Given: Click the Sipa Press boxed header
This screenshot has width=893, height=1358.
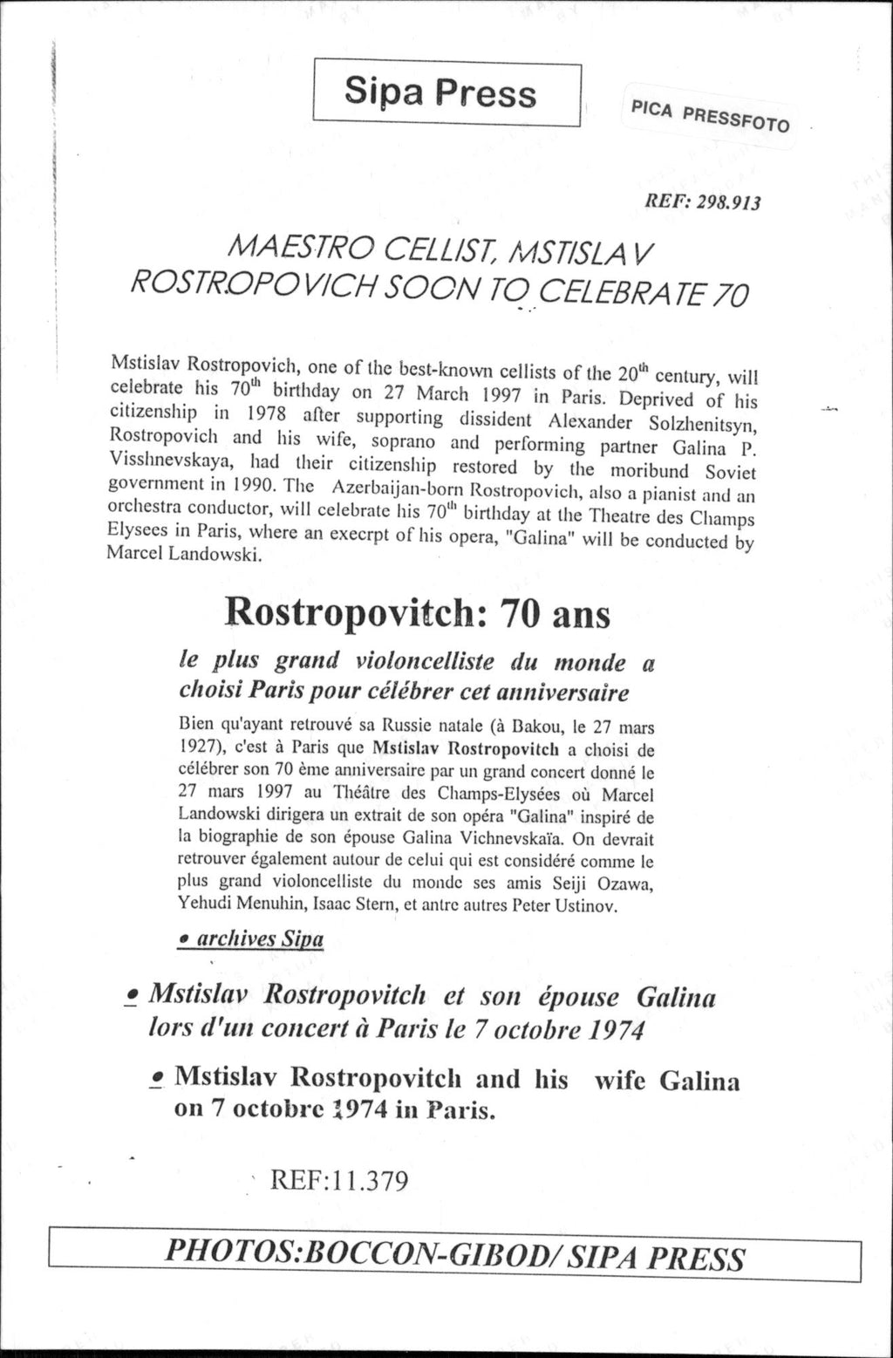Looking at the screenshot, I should pyautogui.click(x=446, y=92).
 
